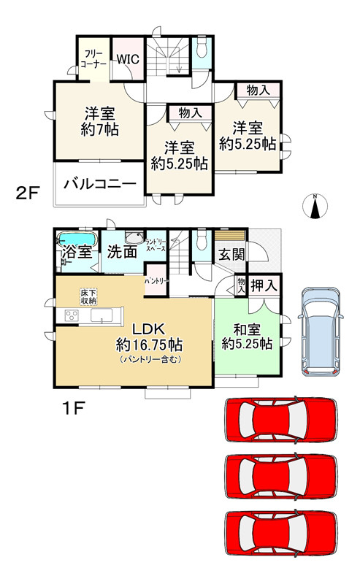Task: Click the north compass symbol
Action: click(x=314, y=207)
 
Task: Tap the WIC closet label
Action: click(x=128, y=60)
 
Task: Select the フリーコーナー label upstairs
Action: click(x=93, y=58)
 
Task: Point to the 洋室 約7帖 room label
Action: click(x=100, y=121)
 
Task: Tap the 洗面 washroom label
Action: click(x=121, y=253)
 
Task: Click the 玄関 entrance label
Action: click(x=231, y=255)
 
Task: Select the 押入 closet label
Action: click(x=264, y=285)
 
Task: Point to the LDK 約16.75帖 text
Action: click(x=148, y=337)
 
